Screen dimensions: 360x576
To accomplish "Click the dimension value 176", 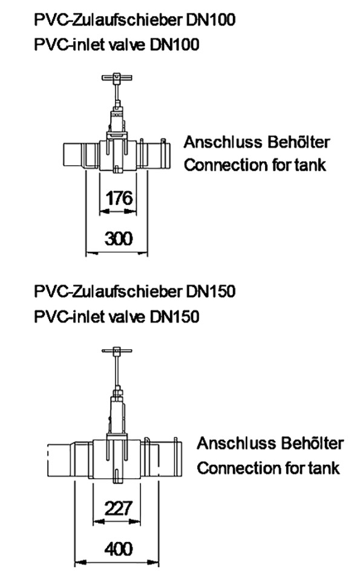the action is point(119,198).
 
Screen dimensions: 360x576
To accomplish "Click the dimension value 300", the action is point(119,239).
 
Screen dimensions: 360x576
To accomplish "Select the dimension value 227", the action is point(118,509).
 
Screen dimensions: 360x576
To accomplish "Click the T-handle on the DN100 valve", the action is point(117,78).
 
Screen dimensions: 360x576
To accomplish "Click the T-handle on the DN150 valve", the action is point(117,350).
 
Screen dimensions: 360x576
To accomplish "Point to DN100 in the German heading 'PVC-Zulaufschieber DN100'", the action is point(211,19).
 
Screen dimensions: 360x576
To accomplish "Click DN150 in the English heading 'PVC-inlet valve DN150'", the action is point(174,316).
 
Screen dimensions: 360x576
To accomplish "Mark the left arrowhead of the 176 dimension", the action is point(104,211).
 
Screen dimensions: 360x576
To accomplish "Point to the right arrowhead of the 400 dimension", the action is point(154,562).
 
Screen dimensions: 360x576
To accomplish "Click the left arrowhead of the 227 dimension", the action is point(99,522).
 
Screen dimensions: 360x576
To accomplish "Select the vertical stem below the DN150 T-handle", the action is point(117,370).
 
